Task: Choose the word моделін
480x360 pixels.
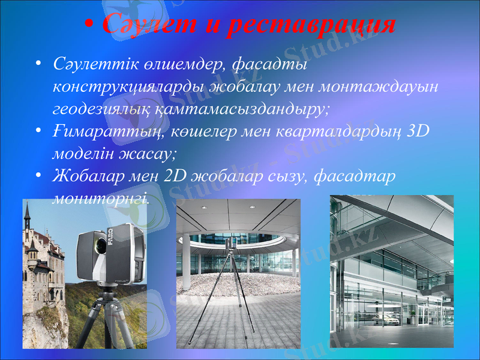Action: click(x=83, y=153)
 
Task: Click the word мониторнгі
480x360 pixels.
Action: click(x=100, y=197)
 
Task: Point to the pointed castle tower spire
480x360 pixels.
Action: click(x=26, y=210)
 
